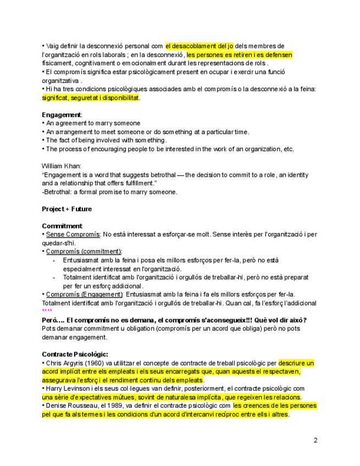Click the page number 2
pos(315,440)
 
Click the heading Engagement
pos(62,115)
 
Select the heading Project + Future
pos(67,209)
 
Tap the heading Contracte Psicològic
pos(75,354)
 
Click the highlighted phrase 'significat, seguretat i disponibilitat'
pos(91,98)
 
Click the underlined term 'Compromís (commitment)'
pos(84,251)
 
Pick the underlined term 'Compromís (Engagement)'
pos(84,294)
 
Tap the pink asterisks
pos(47,311)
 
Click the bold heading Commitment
pos(62,226)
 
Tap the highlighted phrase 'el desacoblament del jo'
pos(200,46)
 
